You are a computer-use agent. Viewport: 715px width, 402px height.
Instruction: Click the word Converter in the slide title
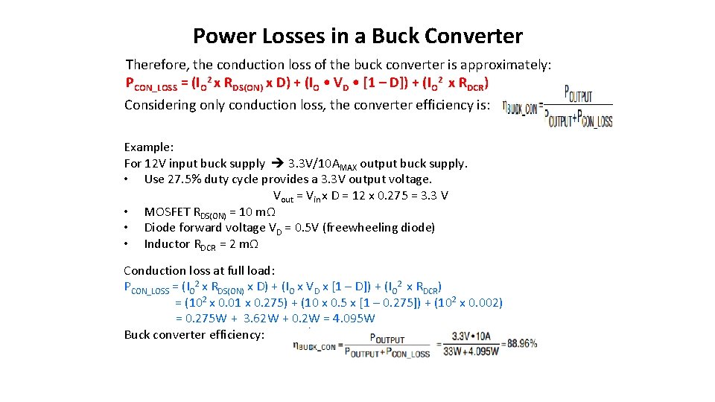pyautogui.click(x=479, y=36)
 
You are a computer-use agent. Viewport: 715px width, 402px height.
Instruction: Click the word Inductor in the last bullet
pyautogui.click(x=167, y=244)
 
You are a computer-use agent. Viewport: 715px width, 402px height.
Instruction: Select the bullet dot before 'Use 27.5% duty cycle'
pyautogui.click(x=129, y=179)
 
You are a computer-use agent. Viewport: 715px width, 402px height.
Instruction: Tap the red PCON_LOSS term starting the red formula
pyautogui.click(x=150, y=83)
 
